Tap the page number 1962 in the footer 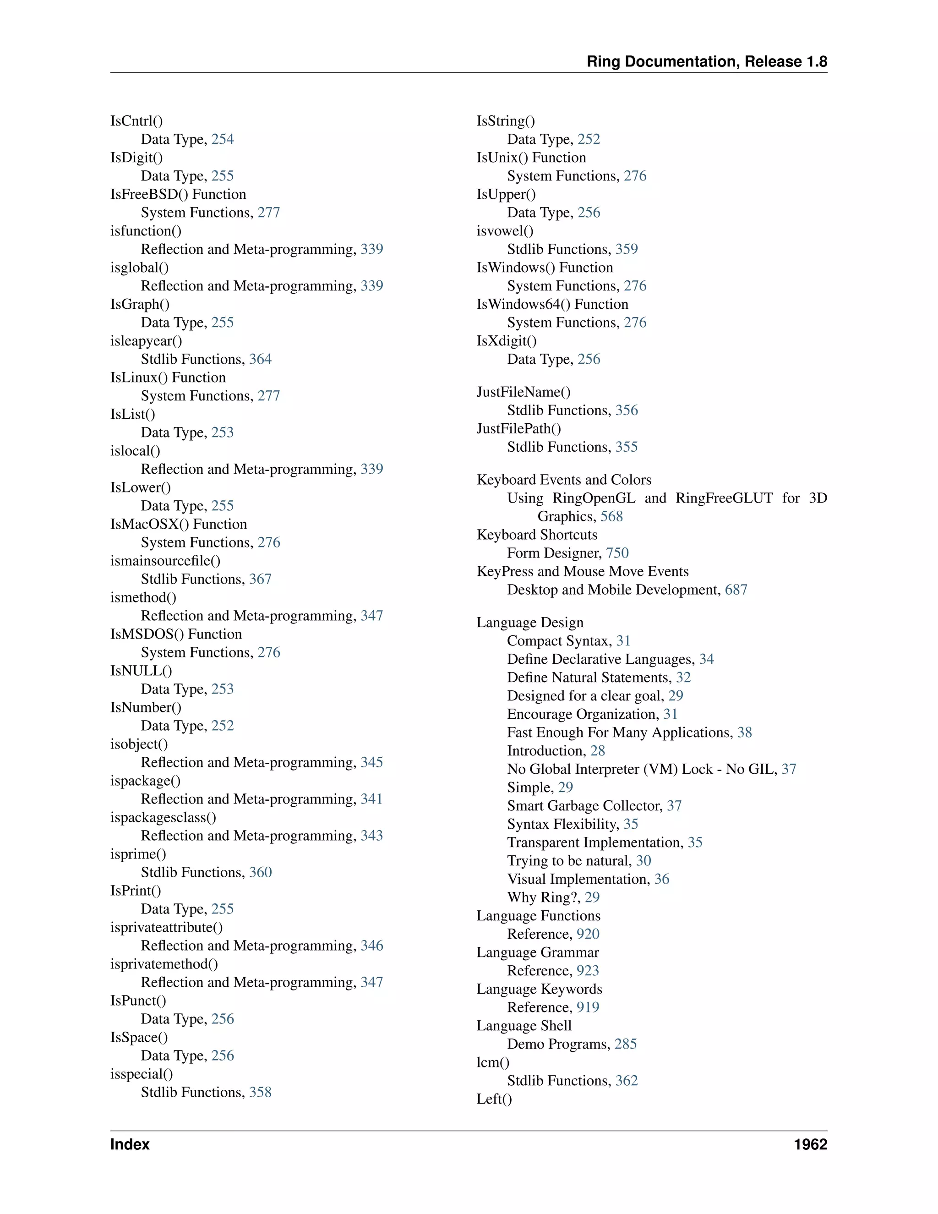(x=810, y=1144)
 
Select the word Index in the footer (x=130, y=1144)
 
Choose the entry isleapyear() (x=146, y=341)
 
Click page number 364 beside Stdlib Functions (x=260, y=359)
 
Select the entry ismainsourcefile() (x=165, y=561)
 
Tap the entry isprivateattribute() (x=166, y=927)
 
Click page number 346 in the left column (x=372, y=946)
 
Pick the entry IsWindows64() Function (x=552, y=304)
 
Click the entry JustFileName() (x=523, y=392)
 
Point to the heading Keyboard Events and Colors (x=563, y=480)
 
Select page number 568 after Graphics (x=611, y=516)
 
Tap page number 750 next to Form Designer (x=617, y=553)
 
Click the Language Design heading (x=529, y=623)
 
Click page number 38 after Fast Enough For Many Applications (x=744, y=733)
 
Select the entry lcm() (x=492, y=1062)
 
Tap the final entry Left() (x=494, y=1099)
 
